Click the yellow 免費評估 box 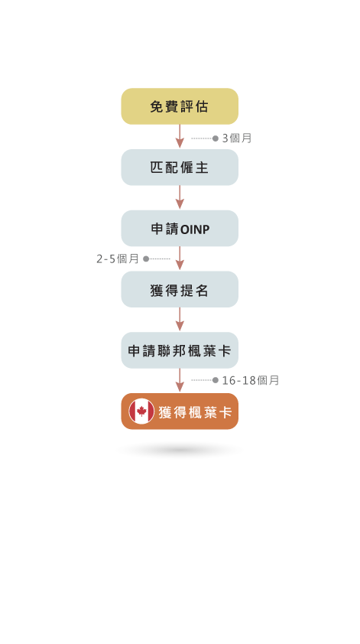[180, 106]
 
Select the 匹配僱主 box [180, 168]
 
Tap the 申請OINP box [180, 229]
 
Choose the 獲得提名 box [180, 289]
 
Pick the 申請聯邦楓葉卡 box [180, 350]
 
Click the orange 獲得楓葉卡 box [180, 411]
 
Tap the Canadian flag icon [141, 411]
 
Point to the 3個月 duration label [237, 138]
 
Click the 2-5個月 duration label [118, 259]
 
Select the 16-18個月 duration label [251, 380]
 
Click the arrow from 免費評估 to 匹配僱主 [180, 136]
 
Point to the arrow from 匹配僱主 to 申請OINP [180, 197]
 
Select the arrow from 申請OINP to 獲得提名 [180, 259]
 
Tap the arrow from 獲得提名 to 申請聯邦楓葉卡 [180, 319]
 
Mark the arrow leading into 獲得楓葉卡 [180, 380]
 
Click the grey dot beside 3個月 [216, 138]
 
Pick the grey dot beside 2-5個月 [146, 259]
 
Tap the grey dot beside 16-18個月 [216, 380]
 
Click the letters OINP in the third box [195, 229]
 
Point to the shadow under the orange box [180, 450]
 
